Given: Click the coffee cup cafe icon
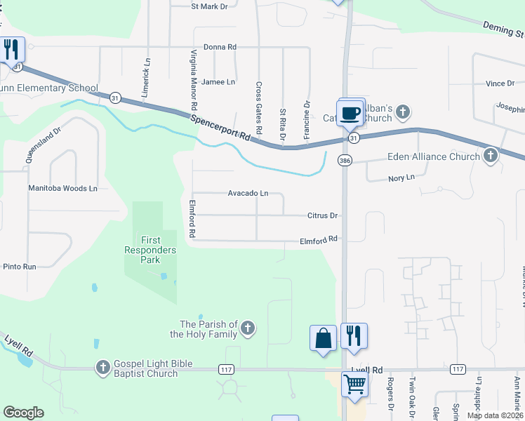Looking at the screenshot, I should click(x=350, y=113).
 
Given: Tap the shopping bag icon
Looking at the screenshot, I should click(x=323, y=338).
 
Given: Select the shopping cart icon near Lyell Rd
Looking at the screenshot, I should click(x=355, y=384).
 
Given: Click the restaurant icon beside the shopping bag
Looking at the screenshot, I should click(x=354, y=335).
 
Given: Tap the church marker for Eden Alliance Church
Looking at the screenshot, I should click(x=491, y=156).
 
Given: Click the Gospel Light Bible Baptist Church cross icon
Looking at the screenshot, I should click(x=102, y=368).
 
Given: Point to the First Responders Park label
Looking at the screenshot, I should click(x=150, y=250).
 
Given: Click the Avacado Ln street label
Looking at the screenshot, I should click(x=248, y=193).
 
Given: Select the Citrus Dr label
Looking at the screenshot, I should click(x=323, y=215).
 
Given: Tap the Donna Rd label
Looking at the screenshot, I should click(x=220, y=47).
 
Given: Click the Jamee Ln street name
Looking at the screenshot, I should click(x=218, y=82).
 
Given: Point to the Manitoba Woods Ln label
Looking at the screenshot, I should click(x=62, y=188).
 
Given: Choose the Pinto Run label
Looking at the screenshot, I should click(x=20, y=267).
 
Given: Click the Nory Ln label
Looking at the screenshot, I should click(x=401, y=179).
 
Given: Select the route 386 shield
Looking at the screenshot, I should click(x=345, y=161).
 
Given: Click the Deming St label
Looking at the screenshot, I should click(x=503, y=29).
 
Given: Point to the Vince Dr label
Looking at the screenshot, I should click(x=500, y=83).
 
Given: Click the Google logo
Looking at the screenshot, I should click(x=23, y=413).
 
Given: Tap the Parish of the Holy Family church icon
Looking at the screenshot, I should click(x=247, y=328).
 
